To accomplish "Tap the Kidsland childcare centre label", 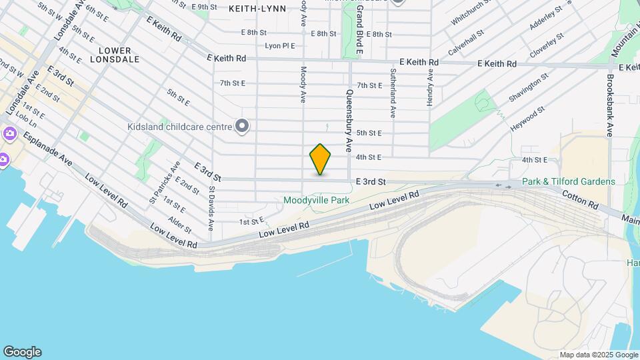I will tap(179, 126).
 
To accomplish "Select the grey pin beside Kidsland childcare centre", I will tap(243, 125).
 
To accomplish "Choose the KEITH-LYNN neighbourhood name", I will tap(257, 9).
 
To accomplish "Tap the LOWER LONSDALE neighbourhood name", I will tap(119, 55).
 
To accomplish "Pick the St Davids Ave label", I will tap(211, 208).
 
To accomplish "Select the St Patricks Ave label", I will tap(165, 182).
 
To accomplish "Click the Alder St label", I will tap(180, 225).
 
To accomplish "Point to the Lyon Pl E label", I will tap(279, 46).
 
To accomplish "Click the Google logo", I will tap(22, 352).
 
